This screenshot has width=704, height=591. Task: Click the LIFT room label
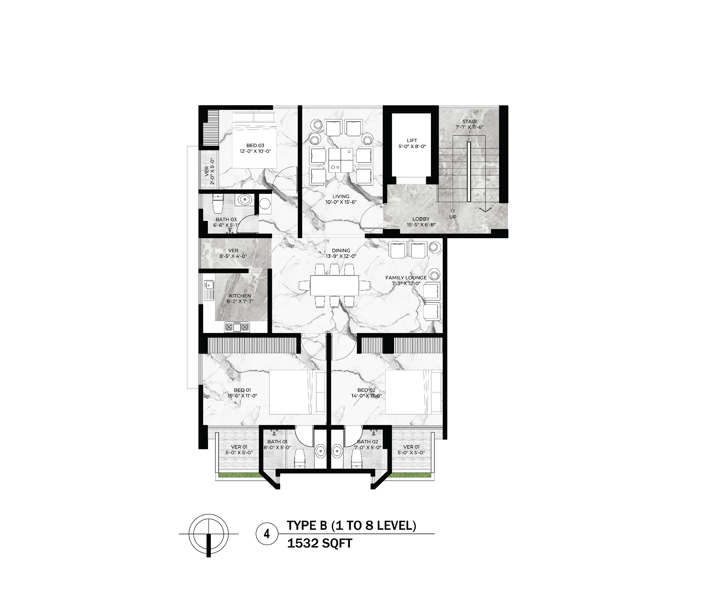[x=412, y=140]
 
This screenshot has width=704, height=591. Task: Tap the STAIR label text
[x=469, y=121]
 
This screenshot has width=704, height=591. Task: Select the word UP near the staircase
[x=452, y=217]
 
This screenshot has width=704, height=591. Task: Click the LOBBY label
[x=421, y=219]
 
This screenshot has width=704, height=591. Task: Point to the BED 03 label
[x=255, y=145]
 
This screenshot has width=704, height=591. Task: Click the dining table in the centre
[x=335, y=285]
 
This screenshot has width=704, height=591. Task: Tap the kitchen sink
[x=210, y=285]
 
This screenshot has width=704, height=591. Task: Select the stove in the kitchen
[x=237, y=327]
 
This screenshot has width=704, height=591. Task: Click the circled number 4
[x=267, y=543]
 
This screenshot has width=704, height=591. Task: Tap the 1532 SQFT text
[x=319, y=553]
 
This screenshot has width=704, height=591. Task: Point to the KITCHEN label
[x=240, y=296]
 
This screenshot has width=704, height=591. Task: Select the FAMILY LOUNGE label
[x=406, y=277]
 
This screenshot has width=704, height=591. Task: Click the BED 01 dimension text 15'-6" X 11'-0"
[x=242, y=396]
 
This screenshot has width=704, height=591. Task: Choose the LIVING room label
[x=341, y=197]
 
